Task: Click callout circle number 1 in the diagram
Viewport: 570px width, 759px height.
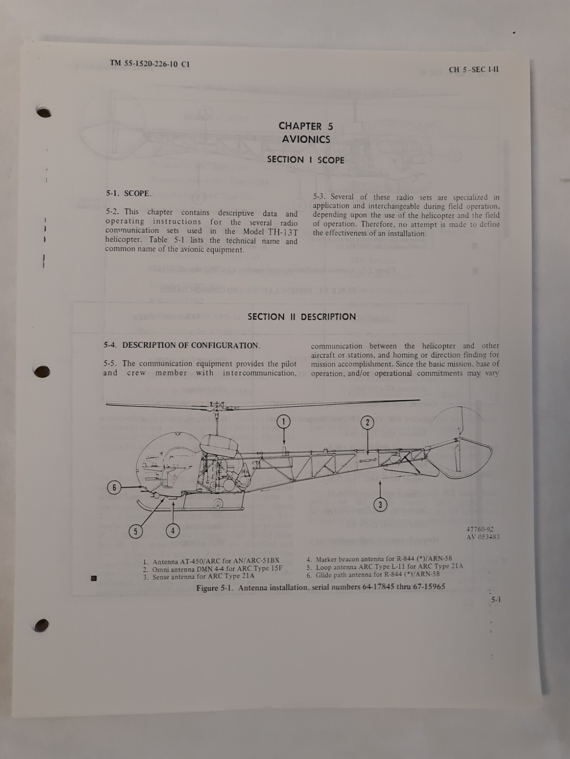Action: click(x=284, y=421)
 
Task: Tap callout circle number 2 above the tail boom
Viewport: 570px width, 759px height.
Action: click(x=367, y=422)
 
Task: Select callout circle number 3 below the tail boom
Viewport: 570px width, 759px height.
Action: click(x=380, y=505)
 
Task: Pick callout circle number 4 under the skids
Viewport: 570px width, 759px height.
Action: click(x=173, y=530)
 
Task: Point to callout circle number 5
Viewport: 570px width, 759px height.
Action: click(x=135, y=531)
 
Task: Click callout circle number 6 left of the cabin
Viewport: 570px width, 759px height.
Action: click(x=114, y=487)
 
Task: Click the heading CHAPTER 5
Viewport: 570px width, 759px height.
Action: click(x=305, y=126)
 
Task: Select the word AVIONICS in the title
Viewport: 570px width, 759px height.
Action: click(x=306, y=139)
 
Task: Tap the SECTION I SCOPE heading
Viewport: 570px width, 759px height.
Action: click(x=305, y=160)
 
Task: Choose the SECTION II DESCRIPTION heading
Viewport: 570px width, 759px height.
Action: click(x=302, y=317)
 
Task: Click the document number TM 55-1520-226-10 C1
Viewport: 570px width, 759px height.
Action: click(x=150, y=64)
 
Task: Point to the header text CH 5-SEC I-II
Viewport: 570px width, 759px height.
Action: click(x=474, y=70)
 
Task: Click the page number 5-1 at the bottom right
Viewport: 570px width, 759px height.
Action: click(x=495, y=600)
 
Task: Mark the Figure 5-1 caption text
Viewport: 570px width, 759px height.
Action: click(x=321, y=587)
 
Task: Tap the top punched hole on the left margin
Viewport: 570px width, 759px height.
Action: click(x=44, y=111)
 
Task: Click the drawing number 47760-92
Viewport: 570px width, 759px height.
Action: click(x=476, y=529)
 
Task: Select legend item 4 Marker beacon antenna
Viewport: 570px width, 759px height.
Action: click(x=379, y=559)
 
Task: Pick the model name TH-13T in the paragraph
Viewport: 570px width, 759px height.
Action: click(x=283, y=232)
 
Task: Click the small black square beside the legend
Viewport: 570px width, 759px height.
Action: click(x=94, y=578)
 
